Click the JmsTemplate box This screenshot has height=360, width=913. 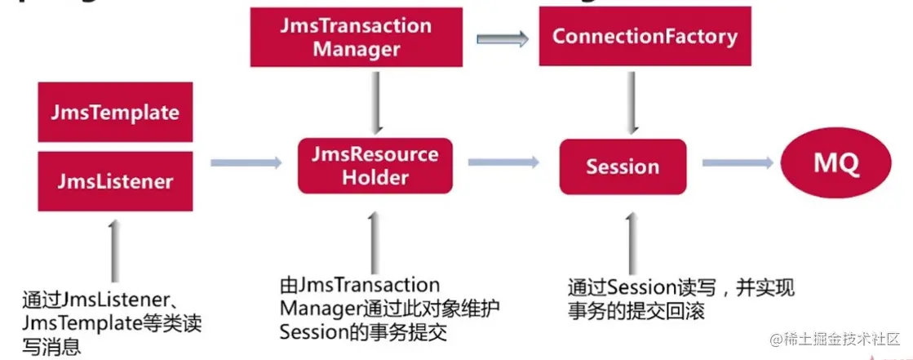point(116,112)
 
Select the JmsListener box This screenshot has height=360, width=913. point(116,181)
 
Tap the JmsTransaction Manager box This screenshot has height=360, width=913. point(357,38)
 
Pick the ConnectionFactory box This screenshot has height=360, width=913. point(645,37)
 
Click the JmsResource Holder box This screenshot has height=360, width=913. point(375,166)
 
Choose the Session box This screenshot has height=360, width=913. point(623,167)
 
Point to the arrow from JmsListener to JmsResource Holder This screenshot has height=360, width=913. point(246,163)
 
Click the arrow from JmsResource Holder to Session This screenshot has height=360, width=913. point(503,163)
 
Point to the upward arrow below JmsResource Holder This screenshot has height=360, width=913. point(375,242)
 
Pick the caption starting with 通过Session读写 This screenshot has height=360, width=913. point(680,299)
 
